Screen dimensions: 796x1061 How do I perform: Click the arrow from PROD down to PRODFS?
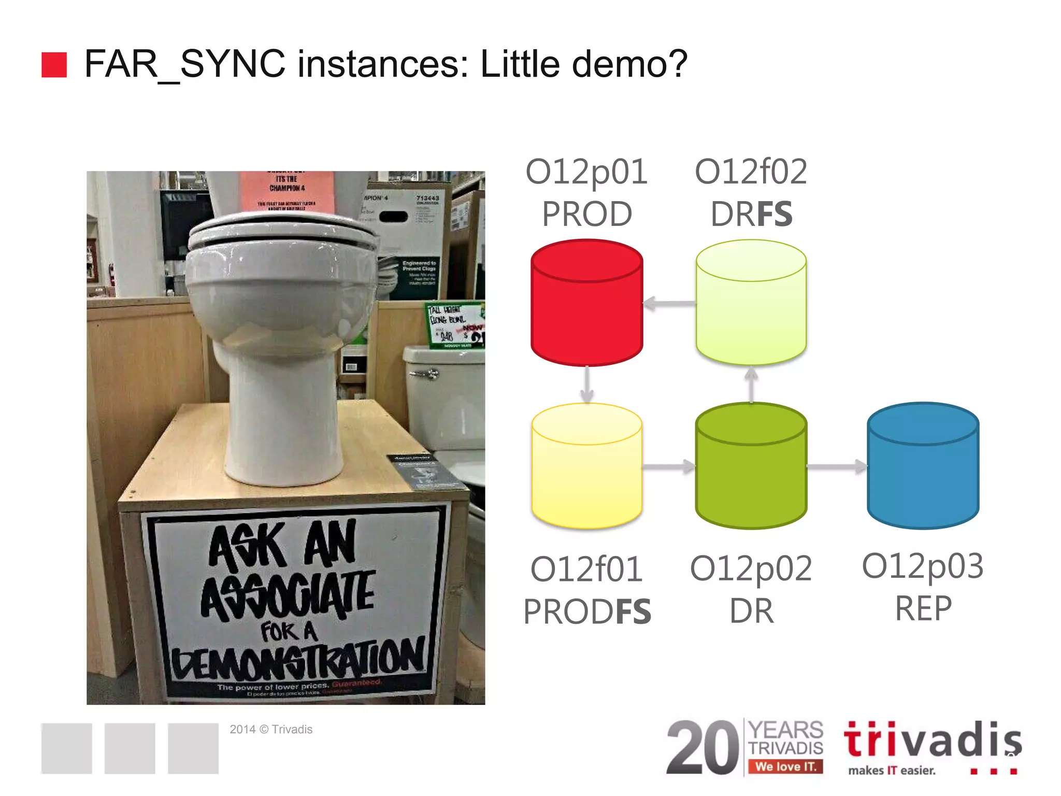click(586, 385)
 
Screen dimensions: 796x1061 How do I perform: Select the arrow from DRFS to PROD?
click(669, 304)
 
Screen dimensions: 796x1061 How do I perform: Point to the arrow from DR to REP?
click(837, 467)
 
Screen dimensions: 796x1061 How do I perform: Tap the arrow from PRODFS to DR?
click(669, 467)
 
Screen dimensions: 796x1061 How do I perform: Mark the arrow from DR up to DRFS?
click(751, 385)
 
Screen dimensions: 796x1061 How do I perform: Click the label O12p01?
click(586, 172)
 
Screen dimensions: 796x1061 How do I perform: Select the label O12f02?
click(751, 172)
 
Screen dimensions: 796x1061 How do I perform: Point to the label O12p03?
click(923, 566)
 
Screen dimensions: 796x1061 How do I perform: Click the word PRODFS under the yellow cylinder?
click(587, 612)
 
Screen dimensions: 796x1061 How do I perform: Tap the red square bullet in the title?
click(54, 65)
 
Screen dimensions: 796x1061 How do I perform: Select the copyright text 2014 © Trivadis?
click(271, 729)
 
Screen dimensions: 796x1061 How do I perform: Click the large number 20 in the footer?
click(702, 747)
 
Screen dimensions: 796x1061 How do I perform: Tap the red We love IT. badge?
click(785, 766)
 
